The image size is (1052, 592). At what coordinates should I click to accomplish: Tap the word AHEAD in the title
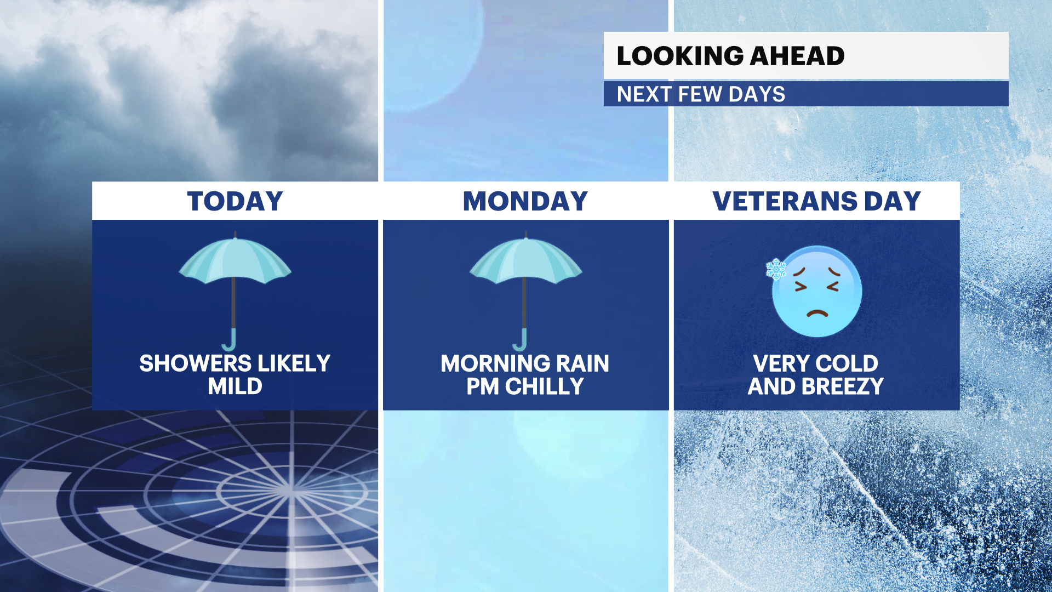[797, 56]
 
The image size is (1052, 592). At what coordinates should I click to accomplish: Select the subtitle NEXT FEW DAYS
[701, 94]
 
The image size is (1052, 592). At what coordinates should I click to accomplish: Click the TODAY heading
[235, 201]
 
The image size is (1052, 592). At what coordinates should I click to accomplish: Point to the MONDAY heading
[525, 201]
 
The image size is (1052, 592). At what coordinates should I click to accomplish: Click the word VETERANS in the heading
[785, 201]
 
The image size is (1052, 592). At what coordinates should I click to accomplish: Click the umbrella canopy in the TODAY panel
[235, 260]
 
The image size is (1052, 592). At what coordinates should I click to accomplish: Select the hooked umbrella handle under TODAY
[230, 340]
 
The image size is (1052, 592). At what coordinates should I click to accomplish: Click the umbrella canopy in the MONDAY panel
[525, 260]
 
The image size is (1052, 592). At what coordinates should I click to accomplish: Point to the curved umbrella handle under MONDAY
[520, 340]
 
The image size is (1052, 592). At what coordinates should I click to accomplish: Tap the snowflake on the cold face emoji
[776, 269]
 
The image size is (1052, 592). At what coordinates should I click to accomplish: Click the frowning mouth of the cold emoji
[817, 314]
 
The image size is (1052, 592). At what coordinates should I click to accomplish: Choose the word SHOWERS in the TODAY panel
[196, 363]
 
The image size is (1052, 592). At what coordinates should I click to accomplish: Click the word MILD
[235, 386]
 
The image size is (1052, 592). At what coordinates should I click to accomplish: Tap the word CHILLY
[544, 386]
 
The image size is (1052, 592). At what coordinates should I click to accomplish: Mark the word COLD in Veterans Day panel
[847, 364]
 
